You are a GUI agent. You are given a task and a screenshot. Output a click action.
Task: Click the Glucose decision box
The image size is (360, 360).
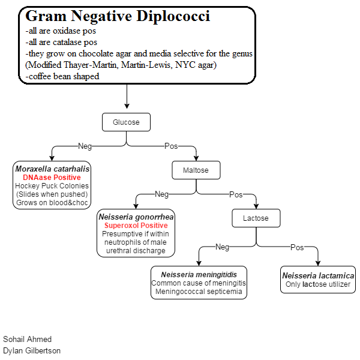tap(126, 122)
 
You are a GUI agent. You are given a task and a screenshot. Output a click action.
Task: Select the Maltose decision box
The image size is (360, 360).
tap(196, 170)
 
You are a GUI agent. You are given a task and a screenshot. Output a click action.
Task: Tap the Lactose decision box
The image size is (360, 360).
tap(256, 218)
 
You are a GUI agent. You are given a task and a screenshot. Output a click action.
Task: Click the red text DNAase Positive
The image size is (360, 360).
tap(52, 178)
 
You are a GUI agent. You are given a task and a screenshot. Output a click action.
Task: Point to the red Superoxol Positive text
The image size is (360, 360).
tap(136, 226)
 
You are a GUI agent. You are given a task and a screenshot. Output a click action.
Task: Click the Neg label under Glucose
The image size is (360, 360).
tap(85, 146)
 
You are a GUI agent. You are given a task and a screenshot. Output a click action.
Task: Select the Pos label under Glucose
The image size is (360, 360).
tap(171, 146)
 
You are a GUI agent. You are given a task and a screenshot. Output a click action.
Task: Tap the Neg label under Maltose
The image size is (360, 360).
tap(162, 194)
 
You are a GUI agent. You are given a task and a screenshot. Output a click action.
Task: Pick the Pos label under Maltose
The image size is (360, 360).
tap(236, 194)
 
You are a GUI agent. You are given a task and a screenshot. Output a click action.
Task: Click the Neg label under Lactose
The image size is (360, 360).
tap(222, 247)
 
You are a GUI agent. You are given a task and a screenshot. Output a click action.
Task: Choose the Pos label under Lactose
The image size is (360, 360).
tap(297, 247)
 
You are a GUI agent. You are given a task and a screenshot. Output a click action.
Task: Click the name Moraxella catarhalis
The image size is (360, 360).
tap(52, 169)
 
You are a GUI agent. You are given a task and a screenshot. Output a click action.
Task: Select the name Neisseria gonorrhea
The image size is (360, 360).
tap(136, 217)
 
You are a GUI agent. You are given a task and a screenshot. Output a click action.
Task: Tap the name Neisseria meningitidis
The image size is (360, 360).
tap(199, 275)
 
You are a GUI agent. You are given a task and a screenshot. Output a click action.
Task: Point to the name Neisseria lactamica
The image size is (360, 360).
tap(318, 275)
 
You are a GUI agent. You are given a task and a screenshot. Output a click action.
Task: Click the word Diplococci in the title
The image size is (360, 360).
tap(173, 16)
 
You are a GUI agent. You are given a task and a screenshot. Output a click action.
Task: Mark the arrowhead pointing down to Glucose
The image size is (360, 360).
tap(127, 106)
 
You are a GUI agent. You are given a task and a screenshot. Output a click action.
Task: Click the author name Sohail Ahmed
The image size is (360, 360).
tap(28, 339)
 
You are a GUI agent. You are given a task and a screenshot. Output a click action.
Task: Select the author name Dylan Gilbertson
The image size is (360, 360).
tap(32, 350)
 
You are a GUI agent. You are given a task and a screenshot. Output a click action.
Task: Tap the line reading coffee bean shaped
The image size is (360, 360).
tap(62, 76)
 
